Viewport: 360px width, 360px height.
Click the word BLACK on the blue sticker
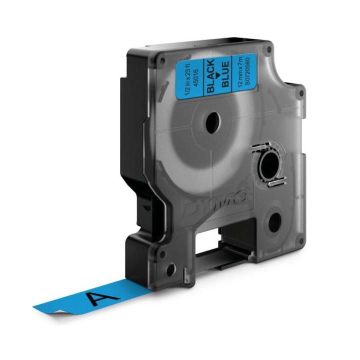210,75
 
